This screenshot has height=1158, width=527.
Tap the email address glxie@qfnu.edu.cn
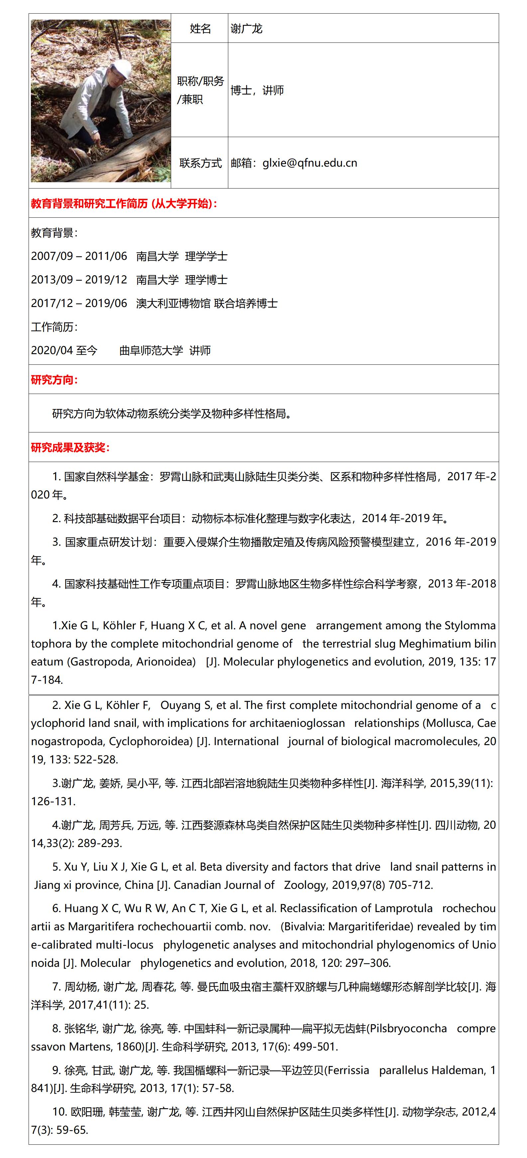click(310, 163)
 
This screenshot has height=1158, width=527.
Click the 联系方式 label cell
click(200, 163)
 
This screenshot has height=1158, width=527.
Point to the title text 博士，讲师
click(257, 90)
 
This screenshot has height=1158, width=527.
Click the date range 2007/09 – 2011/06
click(79, 256)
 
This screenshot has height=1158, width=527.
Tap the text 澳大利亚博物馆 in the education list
click(173, 303)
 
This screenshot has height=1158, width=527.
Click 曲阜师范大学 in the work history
click(151, 350)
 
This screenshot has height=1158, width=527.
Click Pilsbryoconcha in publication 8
click(410, 1029)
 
